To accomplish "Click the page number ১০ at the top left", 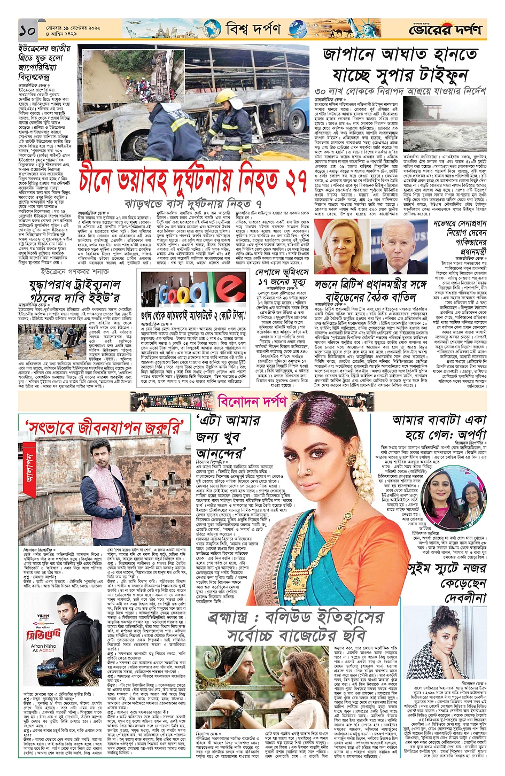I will point(27,30).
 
